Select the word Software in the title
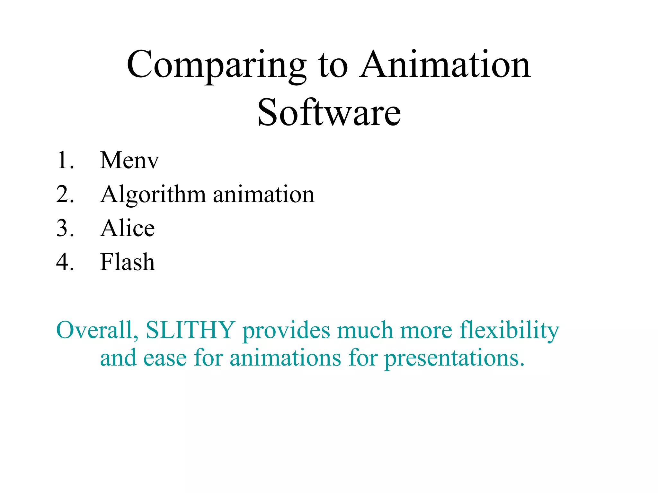(329, 112)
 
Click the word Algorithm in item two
(153, 195)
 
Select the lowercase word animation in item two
(263, 195)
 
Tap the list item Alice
(128, 228)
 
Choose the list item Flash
(128, 262)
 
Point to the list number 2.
(65, 195)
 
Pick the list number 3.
(65, 228)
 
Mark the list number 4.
(65, 262)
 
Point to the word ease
(165, 358)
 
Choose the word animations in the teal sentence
(285, 358)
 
